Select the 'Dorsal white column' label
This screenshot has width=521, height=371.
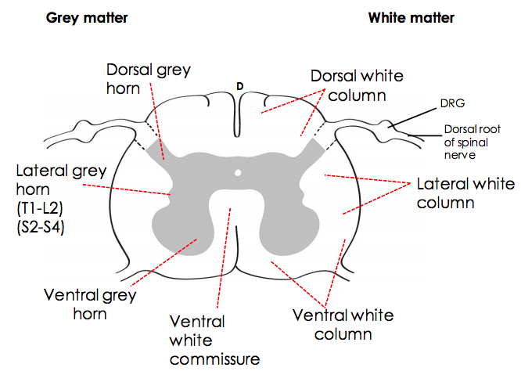point(356,85)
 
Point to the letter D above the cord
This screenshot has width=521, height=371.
point(240,85)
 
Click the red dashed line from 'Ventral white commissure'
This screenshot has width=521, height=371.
point(232,258)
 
